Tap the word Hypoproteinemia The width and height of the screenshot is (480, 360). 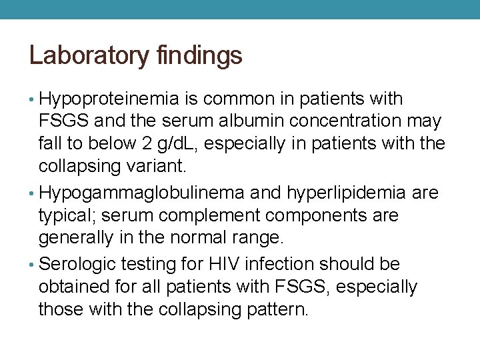coord(109,99)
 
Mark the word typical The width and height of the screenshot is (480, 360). coord(67,215)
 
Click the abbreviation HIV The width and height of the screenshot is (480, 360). coord(224,265)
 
